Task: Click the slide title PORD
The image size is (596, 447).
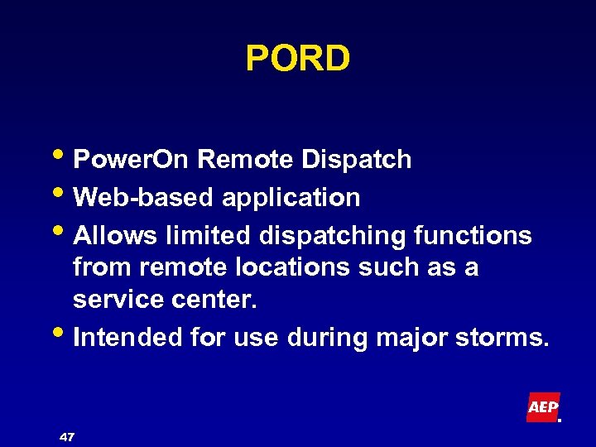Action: (x=298, y=59)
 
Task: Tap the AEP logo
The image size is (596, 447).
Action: (x=543, y=407)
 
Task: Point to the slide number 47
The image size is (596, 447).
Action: (x=67, y=435)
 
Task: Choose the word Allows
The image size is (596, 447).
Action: (x=116, y=236)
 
